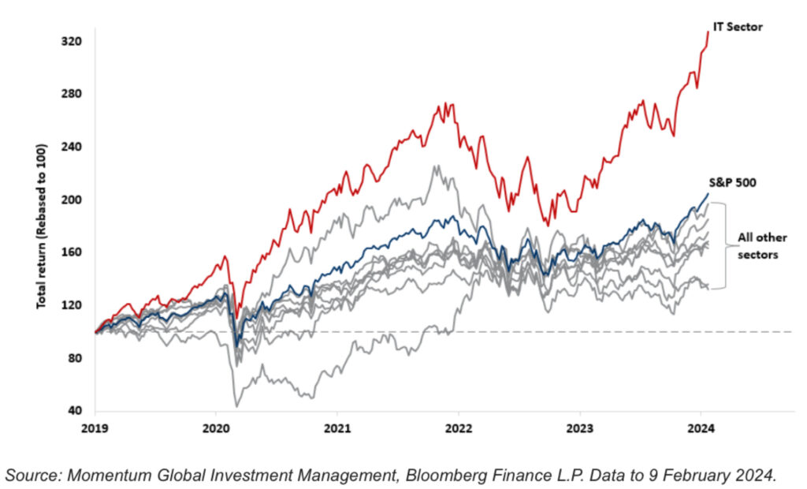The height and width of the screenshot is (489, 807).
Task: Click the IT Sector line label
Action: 738,28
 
